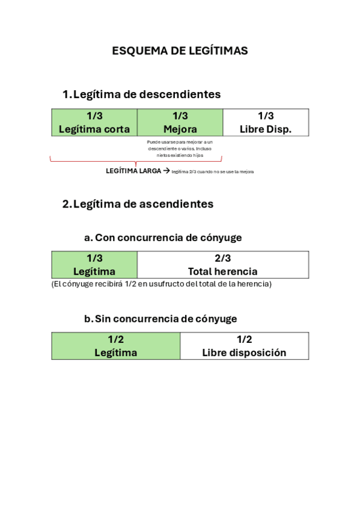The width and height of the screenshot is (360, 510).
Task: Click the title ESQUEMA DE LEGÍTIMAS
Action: click(180, 51)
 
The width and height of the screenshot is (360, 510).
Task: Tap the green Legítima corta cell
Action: click(94, 122)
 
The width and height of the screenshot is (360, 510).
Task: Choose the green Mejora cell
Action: click(180, 122)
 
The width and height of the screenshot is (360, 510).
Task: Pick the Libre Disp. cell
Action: click(266, 122)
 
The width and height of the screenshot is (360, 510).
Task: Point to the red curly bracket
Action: click(136, 161)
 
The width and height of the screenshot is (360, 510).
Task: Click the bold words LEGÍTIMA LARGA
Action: click(133, 171)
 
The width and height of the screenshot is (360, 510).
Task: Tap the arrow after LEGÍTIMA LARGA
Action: click(166, 171)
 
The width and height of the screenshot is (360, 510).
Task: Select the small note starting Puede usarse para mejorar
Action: click(180, 149)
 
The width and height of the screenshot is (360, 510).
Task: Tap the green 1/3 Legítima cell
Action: click(94, 265)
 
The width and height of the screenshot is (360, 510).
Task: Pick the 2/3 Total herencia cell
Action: click(223, 265)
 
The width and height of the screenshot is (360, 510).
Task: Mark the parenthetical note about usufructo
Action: click(162, 284)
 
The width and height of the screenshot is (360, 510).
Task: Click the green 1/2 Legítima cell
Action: click(115, 346)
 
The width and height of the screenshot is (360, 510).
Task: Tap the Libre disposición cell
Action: click(244, 346)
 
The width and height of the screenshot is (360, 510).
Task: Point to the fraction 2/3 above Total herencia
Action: click(223, 259)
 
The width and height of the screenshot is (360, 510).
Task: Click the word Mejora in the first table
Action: click(180, 129)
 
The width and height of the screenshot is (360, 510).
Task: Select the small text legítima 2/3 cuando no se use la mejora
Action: click(213, 172)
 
